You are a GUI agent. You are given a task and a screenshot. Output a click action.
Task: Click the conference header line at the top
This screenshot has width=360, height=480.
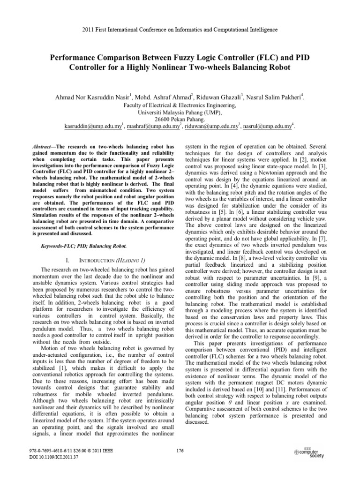pos(180,29)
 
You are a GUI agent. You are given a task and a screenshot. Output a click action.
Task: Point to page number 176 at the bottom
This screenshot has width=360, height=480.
pos(180,451)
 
